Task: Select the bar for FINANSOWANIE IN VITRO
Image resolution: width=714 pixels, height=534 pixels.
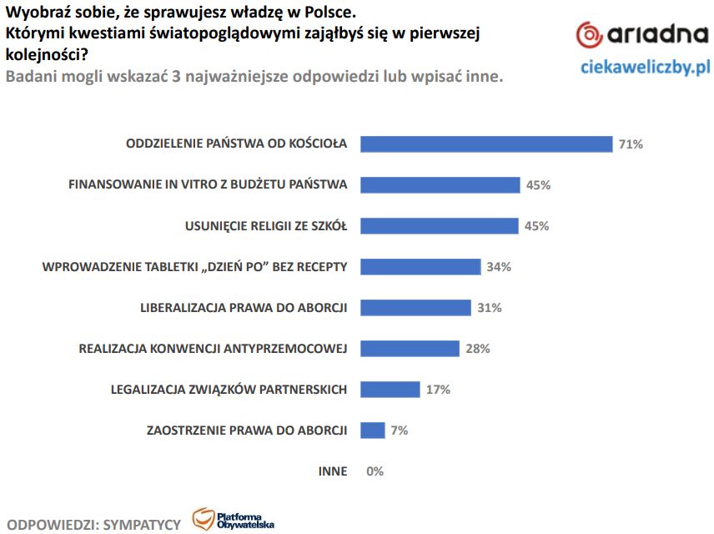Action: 440,184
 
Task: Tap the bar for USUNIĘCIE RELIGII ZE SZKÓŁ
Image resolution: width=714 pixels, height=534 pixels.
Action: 440,225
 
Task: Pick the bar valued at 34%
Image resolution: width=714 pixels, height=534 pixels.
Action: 420,267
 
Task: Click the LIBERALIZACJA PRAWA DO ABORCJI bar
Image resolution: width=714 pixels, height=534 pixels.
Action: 415,308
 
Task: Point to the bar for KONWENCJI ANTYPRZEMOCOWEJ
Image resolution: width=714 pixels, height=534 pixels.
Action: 410,348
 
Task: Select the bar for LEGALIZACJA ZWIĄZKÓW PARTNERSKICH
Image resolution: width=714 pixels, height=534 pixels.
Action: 390,389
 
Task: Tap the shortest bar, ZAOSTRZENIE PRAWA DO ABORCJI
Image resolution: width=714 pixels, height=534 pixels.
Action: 372,430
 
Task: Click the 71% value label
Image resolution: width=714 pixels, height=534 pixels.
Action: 631,144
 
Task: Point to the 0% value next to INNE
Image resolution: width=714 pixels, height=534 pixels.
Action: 375,471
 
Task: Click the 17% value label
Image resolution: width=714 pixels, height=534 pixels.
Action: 438,389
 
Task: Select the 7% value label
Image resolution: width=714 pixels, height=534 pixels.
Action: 399,431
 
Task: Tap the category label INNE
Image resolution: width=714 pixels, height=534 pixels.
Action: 332,471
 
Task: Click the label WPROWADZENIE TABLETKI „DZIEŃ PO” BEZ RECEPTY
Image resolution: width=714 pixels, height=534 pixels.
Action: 194,267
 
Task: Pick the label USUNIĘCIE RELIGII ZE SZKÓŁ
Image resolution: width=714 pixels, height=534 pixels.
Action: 265,226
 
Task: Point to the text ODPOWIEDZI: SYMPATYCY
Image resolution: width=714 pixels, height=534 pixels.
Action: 93,524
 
